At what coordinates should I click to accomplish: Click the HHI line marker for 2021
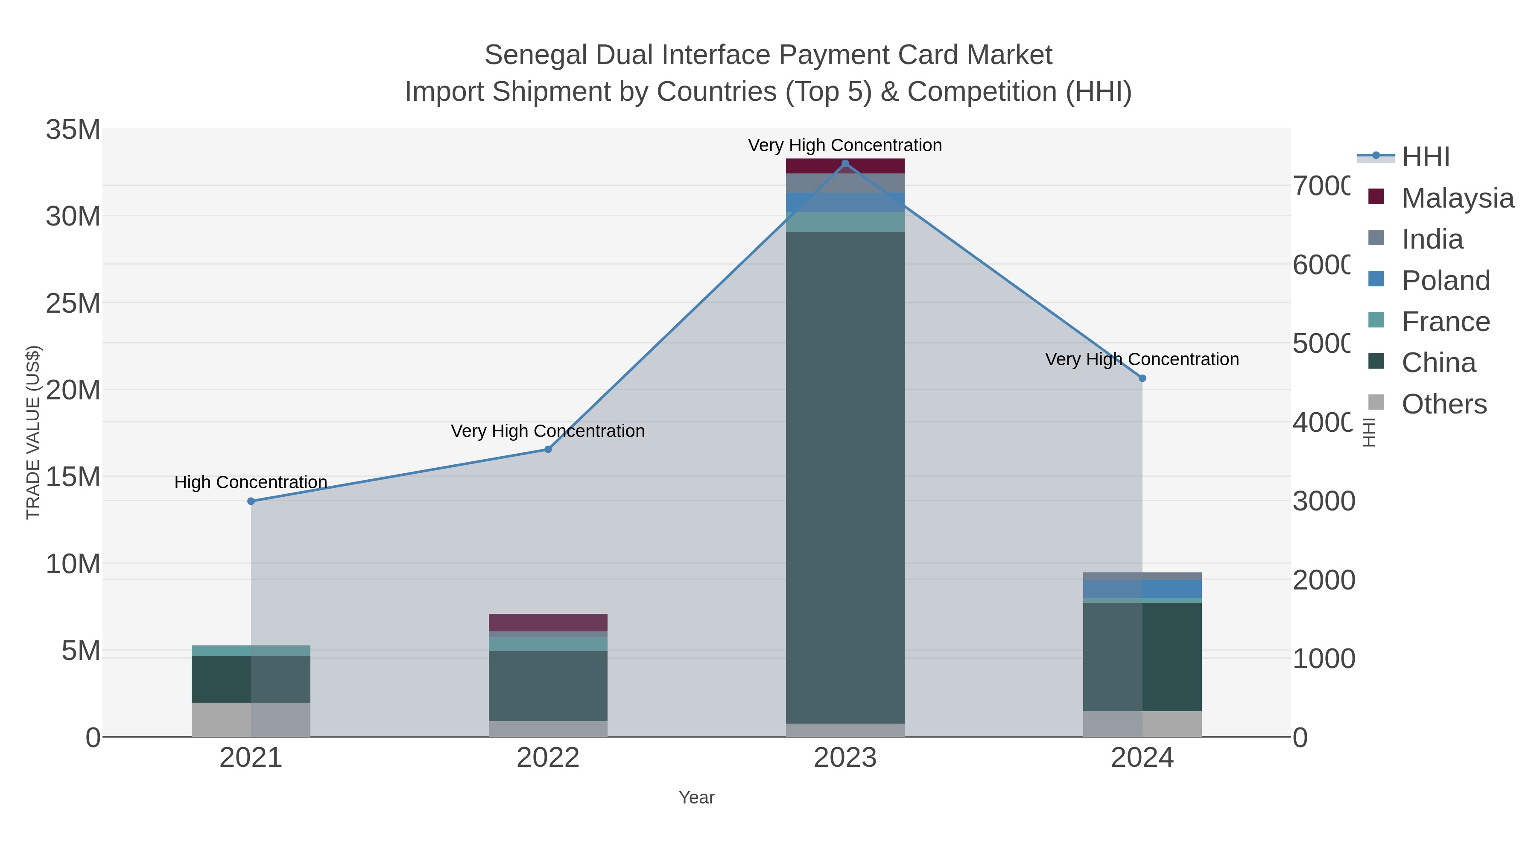click(x=251, y=501)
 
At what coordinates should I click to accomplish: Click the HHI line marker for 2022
click(x=548, y=449)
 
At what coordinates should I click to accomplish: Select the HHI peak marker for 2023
click(x=845, y=164)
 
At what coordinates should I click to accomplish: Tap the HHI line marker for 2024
click(x=1142, y=378)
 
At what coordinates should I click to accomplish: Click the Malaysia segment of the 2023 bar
click(x=845, y=166)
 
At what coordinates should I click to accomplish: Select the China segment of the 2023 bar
click(x=845, y=478)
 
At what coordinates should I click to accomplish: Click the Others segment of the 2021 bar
click(x=251, y=719)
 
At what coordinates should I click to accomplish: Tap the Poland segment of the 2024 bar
click(x=1142, y=589)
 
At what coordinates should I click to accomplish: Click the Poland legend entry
click(x=1445, y=281)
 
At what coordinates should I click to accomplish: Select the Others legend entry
click(x=1444, y=404)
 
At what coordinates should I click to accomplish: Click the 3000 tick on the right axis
click(x=1324, y=501)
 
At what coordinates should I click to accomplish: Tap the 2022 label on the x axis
click(x=548, y=758)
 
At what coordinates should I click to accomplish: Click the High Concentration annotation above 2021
click(x=251, y=482)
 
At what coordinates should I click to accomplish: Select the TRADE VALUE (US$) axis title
click(x=33, y=432)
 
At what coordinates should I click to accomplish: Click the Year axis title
click(x=696, y=798)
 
